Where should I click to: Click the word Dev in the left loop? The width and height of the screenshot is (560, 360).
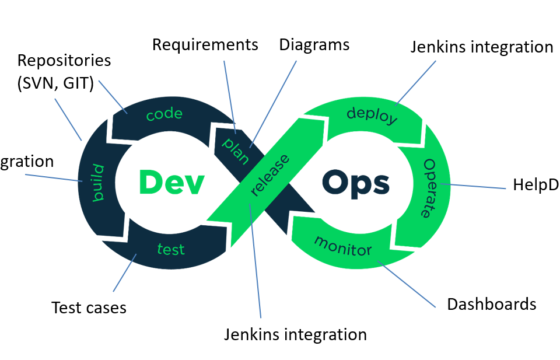171,182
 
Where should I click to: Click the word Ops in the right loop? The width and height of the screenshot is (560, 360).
357,183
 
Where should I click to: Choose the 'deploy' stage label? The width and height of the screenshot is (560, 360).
372,114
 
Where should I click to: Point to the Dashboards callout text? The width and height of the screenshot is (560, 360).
491,304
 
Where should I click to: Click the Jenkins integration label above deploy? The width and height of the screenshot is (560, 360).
481,48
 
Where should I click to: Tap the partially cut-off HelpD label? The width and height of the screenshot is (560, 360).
535,186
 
